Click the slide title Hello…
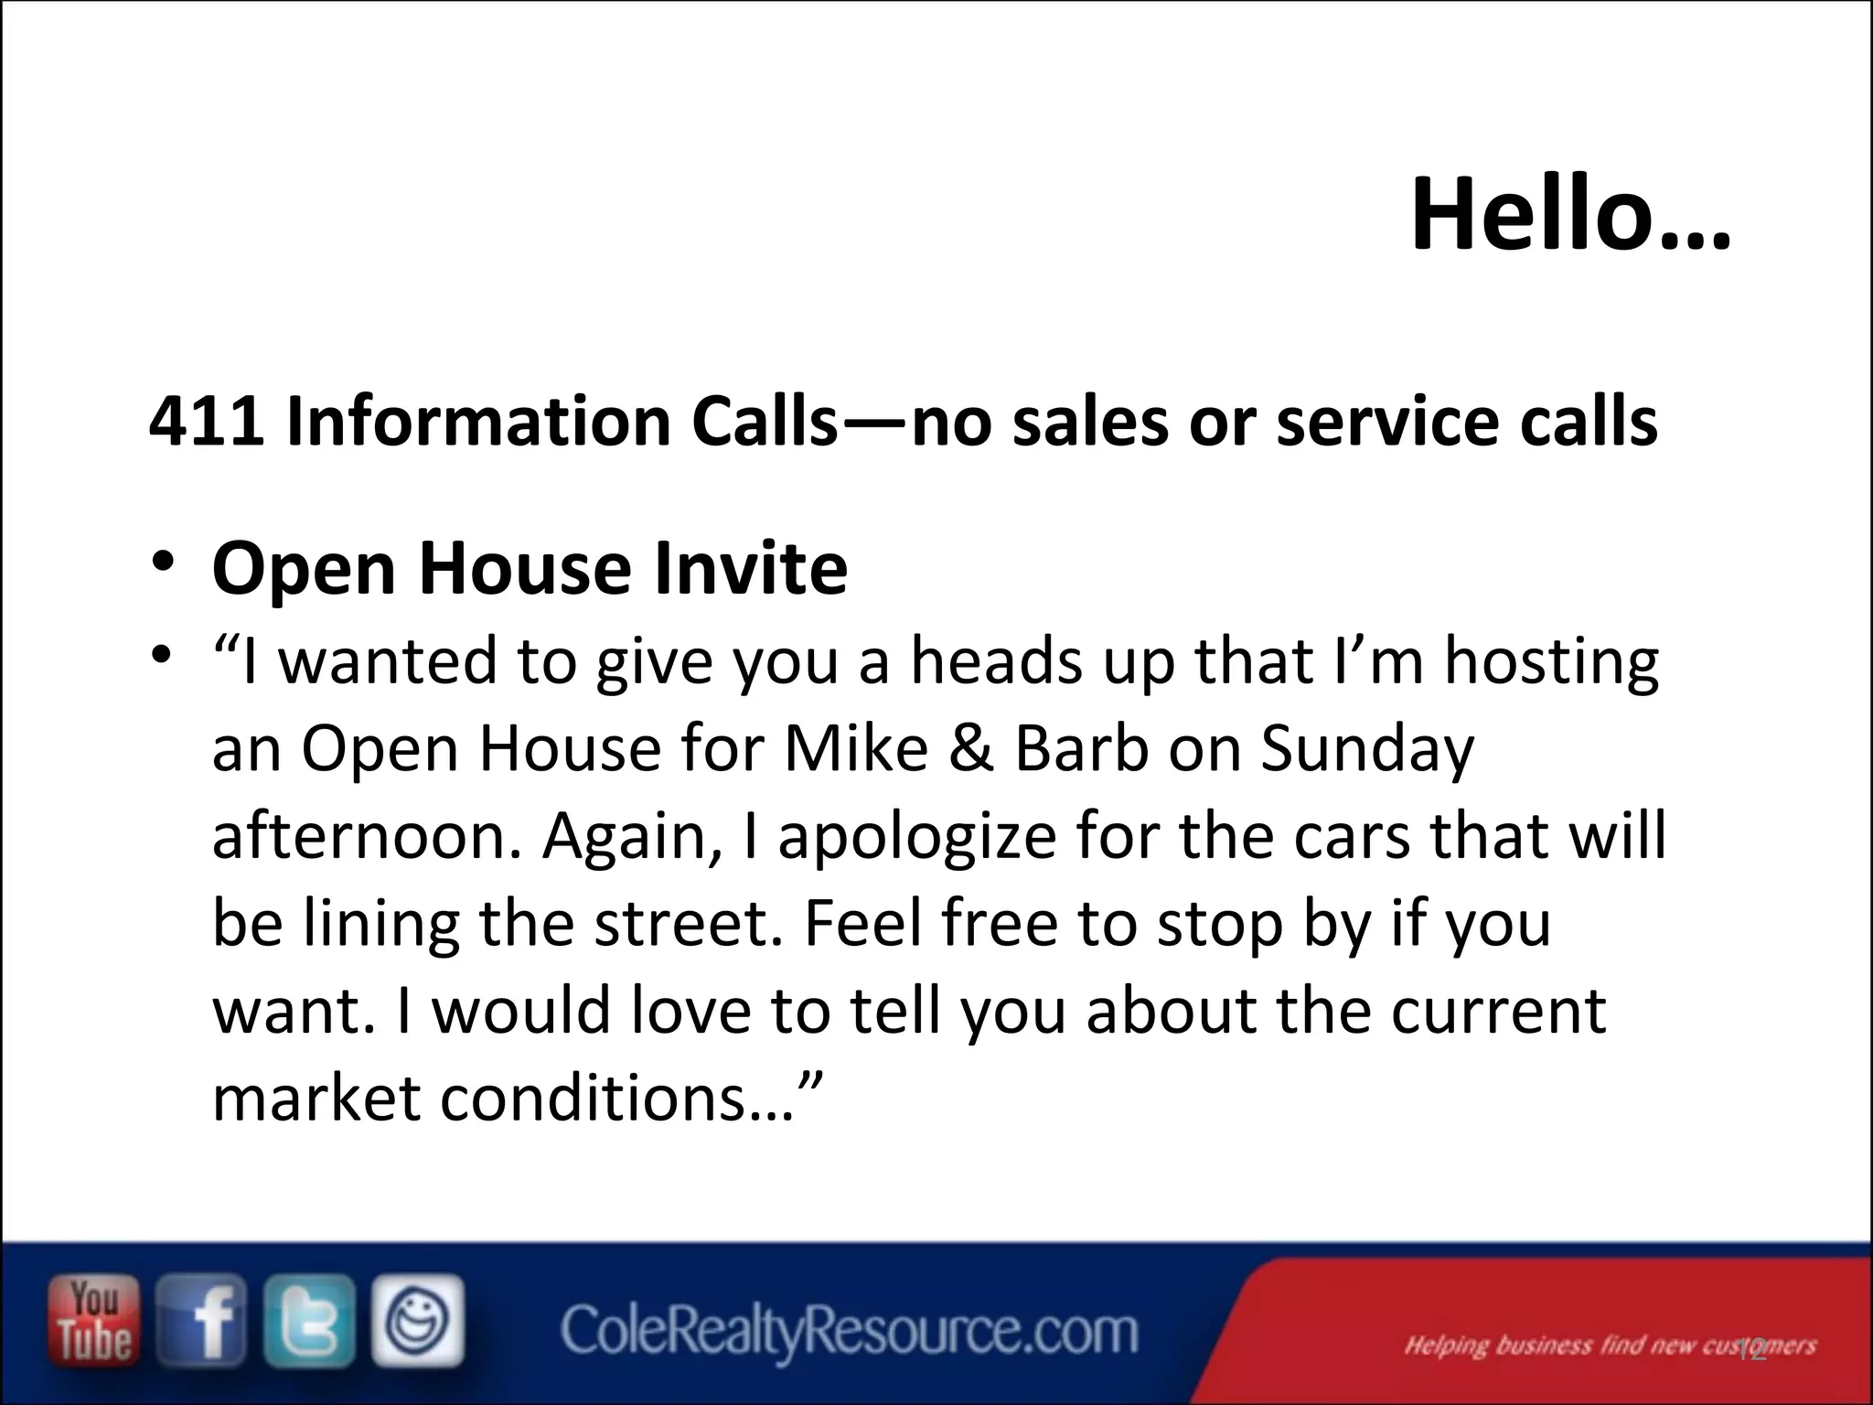click(1569, 216)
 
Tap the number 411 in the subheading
click(207, 423)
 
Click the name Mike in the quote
click(856, 748)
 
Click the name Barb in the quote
click(1080, 748)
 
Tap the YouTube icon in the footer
click(95, 1322)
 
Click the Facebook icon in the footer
click(202, 1322)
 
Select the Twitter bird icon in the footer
click(309, 1322)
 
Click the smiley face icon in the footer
click(417, 1322)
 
